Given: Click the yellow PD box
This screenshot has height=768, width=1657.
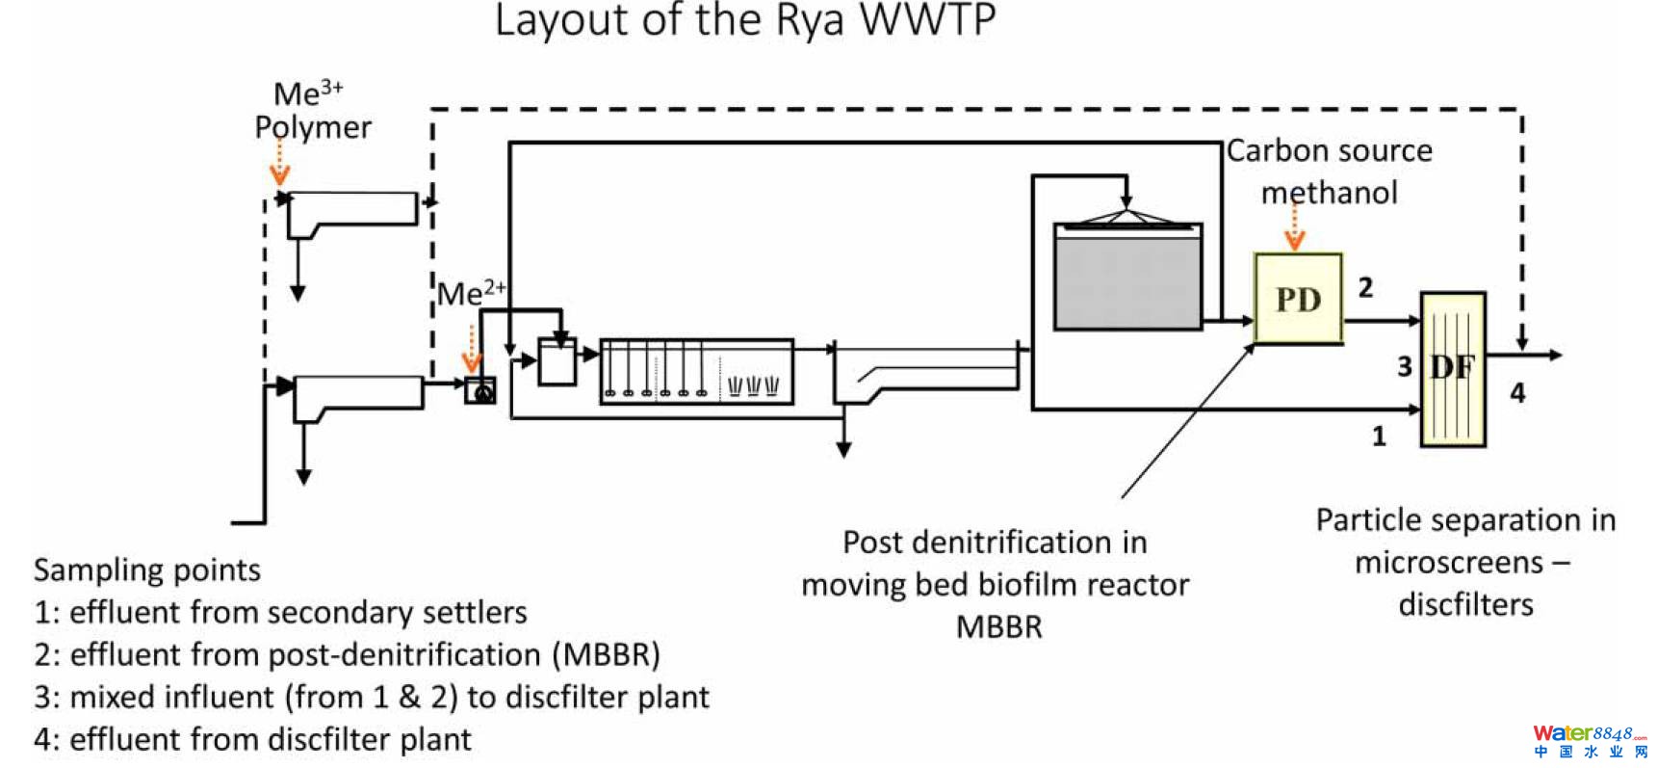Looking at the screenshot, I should [1298, 299].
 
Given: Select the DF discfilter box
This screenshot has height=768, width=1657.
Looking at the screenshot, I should [1453, 369].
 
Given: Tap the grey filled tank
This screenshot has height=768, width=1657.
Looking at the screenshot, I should [1127, 280].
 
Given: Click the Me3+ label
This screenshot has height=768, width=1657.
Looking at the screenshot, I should [308, 93].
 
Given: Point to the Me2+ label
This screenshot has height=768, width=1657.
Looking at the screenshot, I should [471, 293].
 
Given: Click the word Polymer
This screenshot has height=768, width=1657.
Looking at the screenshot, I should [313, 127].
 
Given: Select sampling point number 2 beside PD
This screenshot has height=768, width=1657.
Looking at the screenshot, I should [1365, 287].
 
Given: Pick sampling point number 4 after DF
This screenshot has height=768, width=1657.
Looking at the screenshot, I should [1517, 392].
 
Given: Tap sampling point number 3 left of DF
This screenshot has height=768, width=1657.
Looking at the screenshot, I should [1405, 366].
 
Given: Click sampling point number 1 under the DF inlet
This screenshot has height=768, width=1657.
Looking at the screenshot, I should [1379, 437].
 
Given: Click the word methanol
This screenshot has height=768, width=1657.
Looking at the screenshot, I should [1329, 193].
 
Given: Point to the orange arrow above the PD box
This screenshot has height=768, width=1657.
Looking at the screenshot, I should [1295, 231].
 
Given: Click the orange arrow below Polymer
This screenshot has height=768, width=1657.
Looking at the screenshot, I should [279, 164].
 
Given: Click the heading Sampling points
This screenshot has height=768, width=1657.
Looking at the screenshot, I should [147, 569].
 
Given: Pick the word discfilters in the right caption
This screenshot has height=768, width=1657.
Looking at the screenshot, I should [1465, 604].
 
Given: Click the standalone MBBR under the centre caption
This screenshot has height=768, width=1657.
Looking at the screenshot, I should [998, 627].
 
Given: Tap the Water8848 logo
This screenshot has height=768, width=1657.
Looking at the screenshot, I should [1589, 741].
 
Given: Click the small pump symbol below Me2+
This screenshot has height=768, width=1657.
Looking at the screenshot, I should [480, 390].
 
